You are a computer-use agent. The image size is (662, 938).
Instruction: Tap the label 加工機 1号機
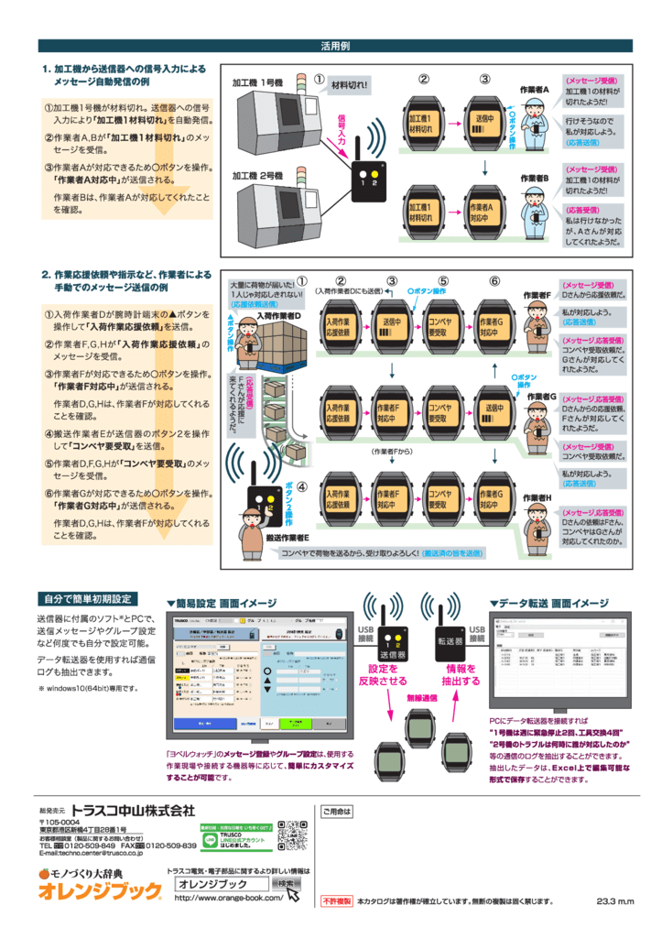[x=257, y=83]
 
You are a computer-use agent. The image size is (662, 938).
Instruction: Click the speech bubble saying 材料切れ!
[x=349, y=85]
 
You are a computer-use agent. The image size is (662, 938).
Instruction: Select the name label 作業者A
[x=534, y=90]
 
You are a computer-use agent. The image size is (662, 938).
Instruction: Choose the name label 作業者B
[x=535, y=178]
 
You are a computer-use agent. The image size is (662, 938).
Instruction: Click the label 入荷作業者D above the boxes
[x=279, y=315]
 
